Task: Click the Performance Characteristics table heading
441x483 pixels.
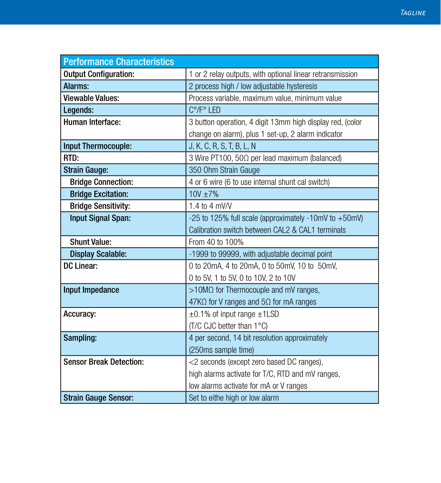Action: click(119, 62)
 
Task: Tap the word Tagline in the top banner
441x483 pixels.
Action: click(412, 13)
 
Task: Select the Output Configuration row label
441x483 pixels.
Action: click(99, 74)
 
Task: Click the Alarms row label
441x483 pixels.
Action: click(76, 86)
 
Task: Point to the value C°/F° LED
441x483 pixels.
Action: click(205, 110)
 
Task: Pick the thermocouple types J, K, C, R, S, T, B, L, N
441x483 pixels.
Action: click(222, 146)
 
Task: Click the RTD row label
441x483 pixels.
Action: click(72, 158)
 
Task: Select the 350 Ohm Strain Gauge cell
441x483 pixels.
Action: click(224, 170)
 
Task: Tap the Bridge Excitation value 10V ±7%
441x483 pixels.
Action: click(204, 194)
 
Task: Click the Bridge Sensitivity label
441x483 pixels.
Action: click(100, 206)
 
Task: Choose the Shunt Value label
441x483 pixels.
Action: click(90, 242)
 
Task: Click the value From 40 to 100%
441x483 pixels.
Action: click(216, 242)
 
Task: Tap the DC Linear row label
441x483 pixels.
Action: click(81, 266)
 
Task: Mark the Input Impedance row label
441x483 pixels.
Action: click(91, 289)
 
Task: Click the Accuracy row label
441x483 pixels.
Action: click(80, 314)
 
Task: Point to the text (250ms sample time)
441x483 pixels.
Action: click(221, 350)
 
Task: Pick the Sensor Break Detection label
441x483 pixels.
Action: click(103, 362)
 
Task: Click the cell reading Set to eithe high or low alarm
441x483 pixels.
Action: click(234, 398)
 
